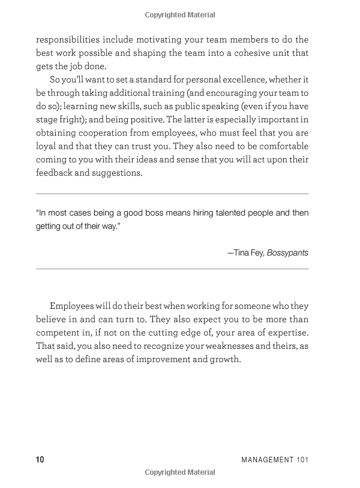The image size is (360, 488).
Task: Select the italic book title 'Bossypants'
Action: click(288, 252)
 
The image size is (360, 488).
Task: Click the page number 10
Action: click(40, 460)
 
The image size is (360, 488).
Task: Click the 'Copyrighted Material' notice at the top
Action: click(180, 14)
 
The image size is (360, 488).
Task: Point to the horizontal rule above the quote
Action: click(172, 194)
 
